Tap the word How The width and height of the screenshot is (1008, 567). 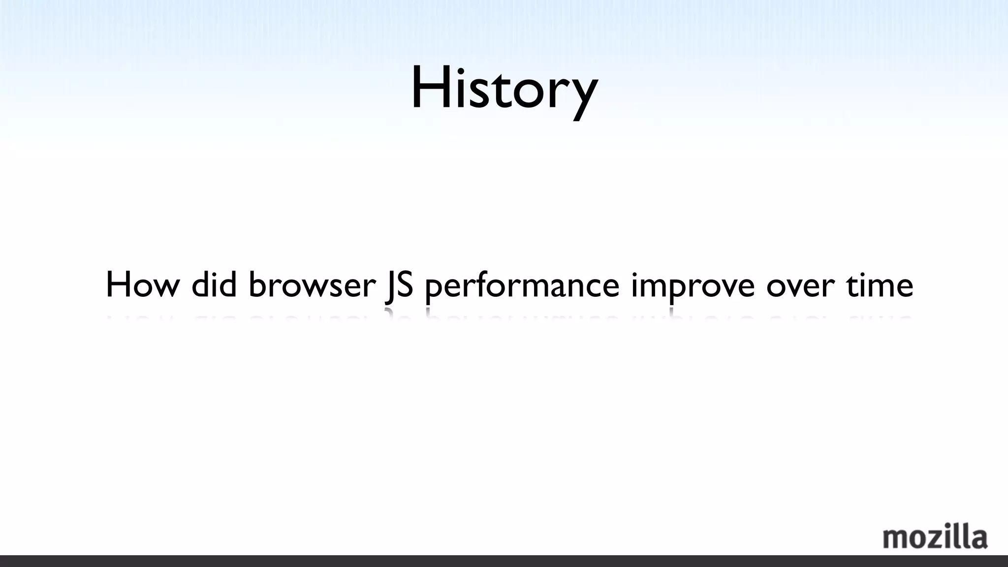coord(143,285)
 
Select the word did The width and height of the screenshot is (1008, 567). coord(214,285)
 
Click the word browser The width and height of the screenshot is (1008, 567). coord(312,285)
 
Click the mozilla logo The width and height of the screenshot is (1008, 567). coord(935,537)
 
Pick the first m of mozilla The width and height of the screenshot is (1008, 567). coord(895,539)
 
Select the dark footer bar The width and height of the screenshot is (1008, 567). coord(504,561)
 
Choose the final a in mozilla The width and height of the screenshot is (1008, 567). coord(979,539)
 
